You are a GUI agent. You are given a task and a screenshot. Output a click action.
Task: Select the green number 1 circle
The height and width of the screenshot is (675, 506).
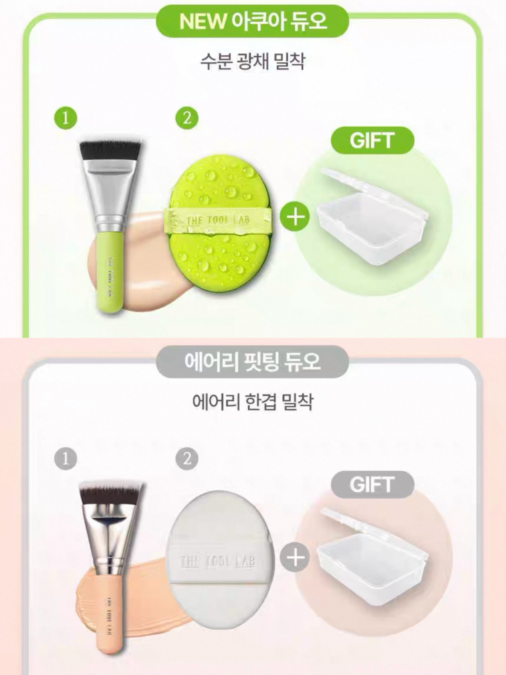(66, 118)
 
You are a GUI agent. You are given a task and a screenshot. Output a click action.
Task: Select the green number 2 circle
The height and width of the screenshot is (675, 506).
(187, 118)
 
